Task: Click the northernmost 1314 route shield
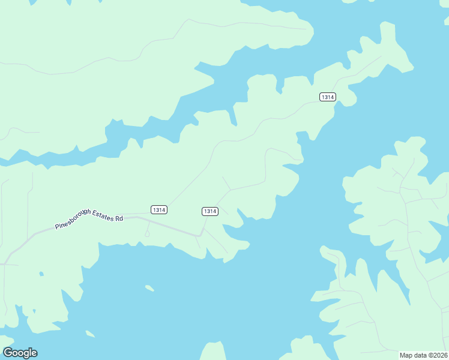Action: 327,97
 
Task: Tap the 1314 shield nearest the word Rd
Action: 158,210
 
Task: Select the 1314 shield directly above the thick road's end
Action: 209,211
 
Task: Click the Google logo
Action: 20,353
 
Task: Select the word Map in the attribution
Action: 406,355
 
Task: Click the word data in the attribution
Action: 421,355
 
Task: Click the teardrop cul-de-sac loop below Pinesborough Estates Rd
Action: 147,234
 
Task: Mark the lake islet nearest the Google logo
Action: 90,334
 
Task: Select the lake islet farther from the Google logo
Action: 149,288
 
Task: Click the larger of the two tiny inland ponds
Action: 41,274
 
